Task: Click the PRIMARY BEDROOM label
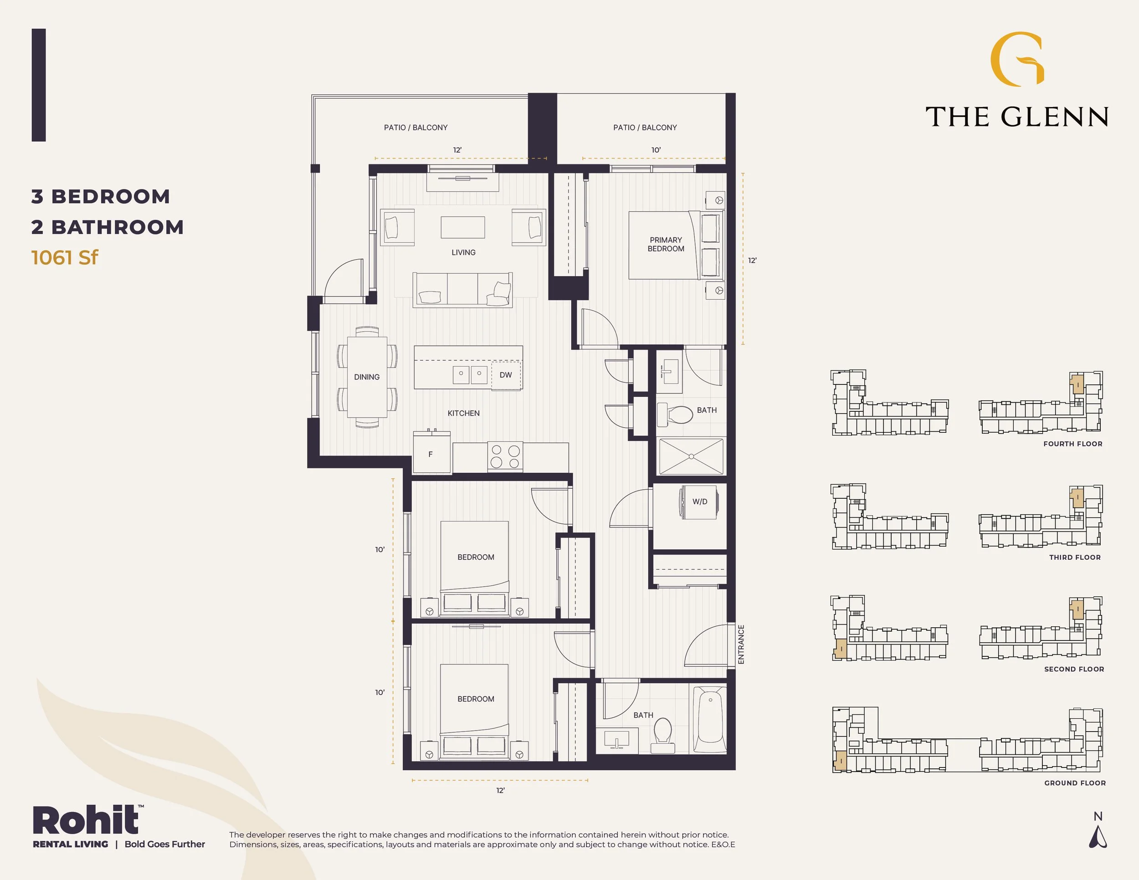tap(666, 245)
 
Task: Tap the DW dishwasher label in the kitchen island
tap(505, 375)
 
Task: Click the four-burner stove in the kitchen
tap(505, 456)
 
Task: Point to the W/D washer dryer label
tap(700, 501)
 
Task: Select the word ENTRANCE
tap(741, 645)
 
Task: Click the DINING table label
tap(367, 377)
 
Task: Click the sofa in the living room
tap(462, 290)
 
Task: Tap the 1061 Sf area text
tap(65, 257)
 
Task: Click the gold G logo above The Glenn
tap(1017, 58)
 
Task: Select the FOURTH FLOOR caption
tap(1073, 444)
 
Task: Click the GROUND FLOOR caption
tap(1075, 783)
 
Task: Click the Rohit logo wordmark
tap(87, 821)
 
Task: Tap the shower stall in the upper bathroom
tap(691, 457)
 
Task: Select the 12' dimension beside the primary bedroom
tap(752, 260)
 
